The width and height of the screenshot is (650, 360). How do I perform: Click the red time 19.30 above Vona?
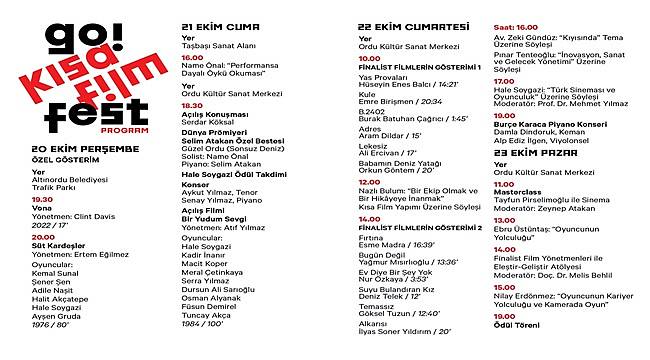point(41,198)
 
